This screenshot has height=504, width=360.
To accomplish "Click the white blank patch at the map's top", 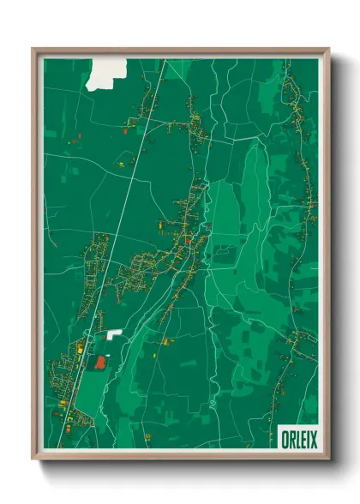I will [x=107, y=72].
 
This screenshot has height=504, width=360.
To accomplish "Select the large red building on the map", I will [x=101, y=363].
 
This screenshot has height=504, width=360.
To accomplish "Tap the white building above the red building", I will [x=115, y=333].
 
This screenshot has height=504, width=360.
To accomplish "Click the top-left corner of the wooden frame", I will [x=33, y=50].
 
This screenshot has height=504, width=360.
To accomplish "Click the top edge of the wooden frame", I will [x=180, y=51].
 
